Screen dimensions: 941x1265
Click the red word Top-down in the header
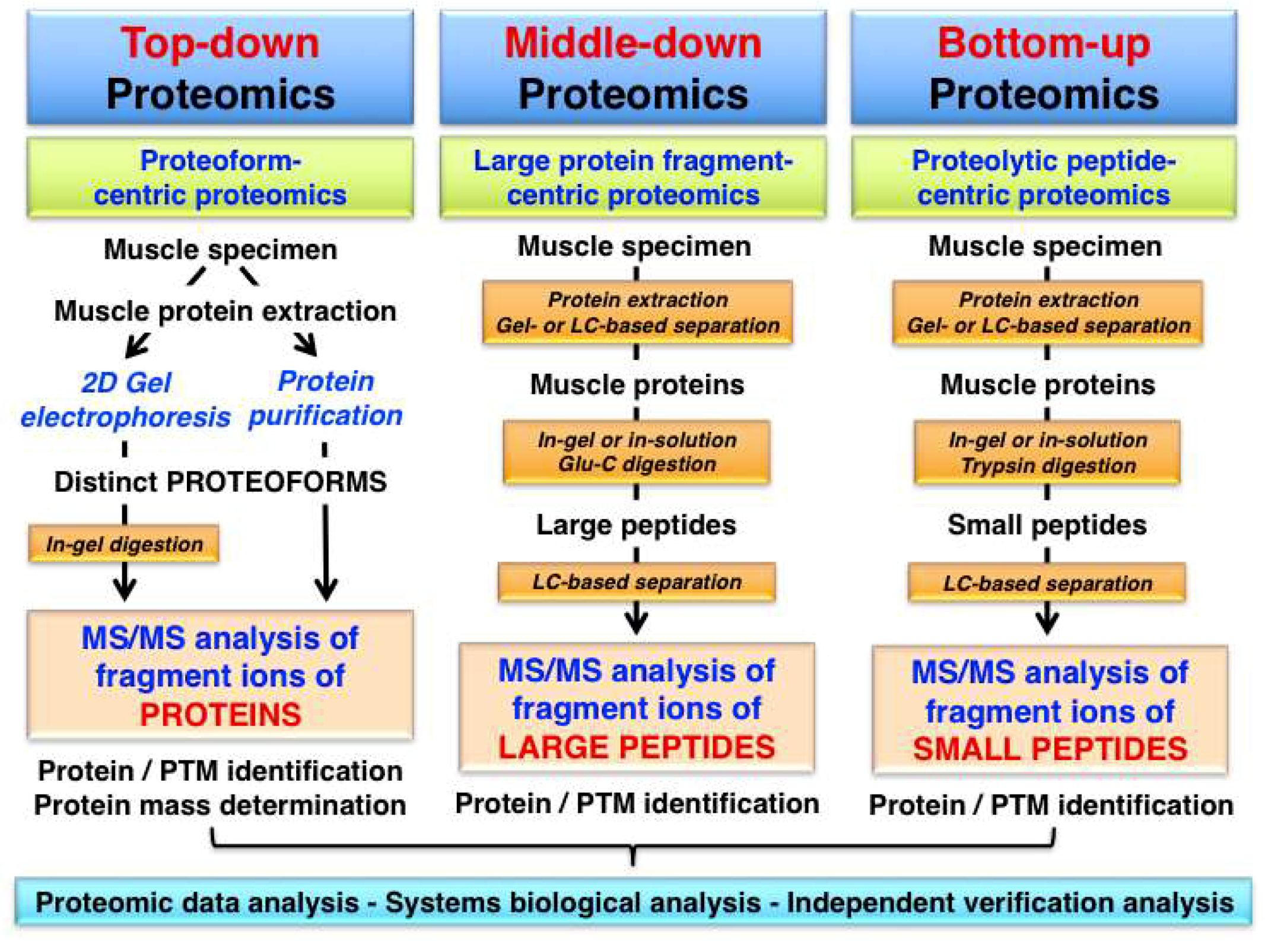tap(220, 43)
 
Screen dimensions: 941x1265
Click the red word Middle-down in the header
tap(632, 43)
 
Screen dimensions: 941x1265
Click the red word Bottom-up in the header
tap(1043, 43)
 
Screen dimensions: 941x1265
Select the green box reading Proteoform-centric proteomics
tap(220, 177)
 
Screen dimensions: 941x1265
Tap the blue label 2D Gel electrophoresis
tap(126, 399)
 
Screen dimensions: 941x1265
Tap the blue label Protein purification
tap(325, 398)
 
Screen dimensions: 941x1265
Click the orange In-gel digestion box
tap(124, 543)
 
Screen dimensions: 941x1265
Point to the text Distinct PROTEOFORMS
tap(220, 481)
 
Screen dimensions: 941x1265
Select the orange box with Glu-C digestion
tap(636, 452)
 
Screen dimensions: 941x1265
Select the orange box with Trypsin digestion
tap(1047, 453)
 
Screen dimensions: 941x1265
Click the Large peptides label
tap(636, 524)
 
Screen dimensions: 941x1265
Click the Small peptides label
tap(1047, 524)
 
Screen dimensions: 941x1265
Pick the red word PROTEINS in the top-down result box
tap(220, 714)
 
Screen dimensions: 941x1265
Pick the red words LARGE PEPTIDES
tap(636, 746)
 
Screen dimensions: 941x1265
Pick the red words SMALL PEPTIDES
tap(1049, 748)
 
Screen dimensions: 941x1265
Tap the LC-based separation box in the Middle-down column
tap(636, 582)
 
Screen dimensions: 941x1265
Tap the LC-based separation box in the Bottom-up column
tap(1047, 583)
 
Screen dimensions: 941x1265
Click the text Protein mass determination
tap(220, 805)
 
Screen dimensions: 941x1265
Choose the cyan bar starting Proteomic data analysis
tap(633, 902)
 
